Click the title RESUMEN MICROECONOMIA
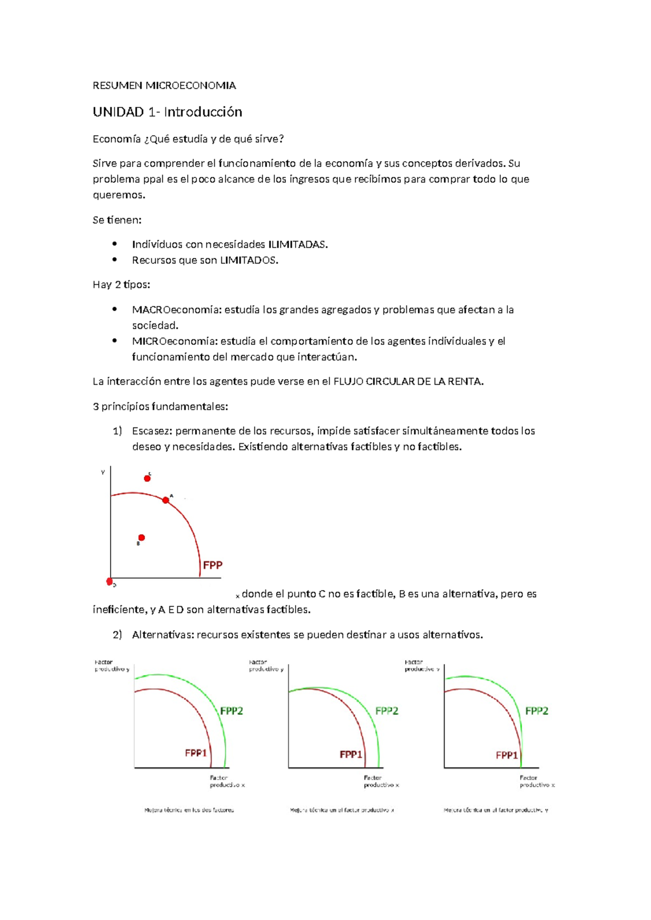point(164,86)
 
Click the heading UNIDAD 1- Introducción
point(167,112)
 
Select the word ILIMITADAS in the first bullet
point(297,245)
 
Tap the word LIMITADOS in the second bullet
point(248,260)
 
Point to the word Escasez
point(151,431)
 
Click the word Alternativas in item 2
point(162,635)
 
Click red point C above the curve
point(147,478)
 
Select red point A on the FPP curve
point(165,500)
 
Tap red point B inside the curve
point(142,538)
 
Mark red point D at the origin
point(110,582)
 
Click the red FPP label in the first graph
point(213,565)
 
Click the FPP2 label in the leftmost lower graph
point(232,711)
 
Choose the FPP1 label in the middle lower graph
point(350,755)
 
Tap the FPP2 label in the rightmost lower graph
point(537,711)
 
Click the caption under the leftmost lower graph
point(189,810)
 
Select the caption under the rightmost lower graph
point(495,810)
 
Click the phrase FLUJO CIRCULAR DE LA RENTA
point(407,382)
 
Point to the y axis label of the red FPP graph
point(103,472)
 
